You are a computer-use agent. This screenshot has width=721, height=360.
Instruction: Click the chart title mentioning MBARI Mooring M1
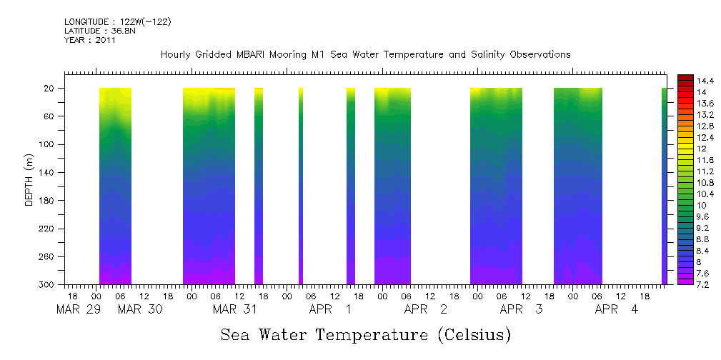coord(365,54)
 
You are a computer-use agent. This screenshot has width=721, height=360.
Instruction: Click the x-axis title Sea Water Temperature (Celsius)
coord(365,334)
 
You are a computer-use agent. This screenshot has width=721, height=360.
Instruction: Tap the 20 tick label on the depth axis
coord(50,89)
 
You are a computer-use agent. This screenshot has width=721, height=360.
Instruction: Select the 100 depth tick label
coord(48,144)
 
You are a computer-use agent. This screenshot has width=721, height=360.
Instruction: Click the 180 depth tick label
coord(48,201)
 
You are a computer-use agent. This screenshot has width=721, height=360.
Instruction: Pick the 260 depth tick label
coord(48,256)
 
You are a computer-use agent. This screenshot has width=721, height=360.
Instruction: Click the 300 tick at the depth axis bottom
coord(48,284)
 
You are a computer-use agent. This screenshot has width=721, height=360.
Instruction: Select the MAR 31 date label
coord(234,309)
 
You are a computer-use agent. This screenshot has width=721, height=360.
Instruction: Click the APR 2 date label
coord(426,309)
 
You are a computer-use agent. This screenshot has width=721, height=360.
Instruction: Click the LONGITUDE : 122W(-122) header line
coord(118,22)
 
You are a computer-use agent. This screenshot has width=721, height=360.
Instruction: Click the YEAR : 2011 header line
coord(89,41)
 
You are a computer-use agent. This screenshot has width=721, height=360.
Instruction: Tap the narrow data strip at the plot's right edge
coord(664,186)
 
